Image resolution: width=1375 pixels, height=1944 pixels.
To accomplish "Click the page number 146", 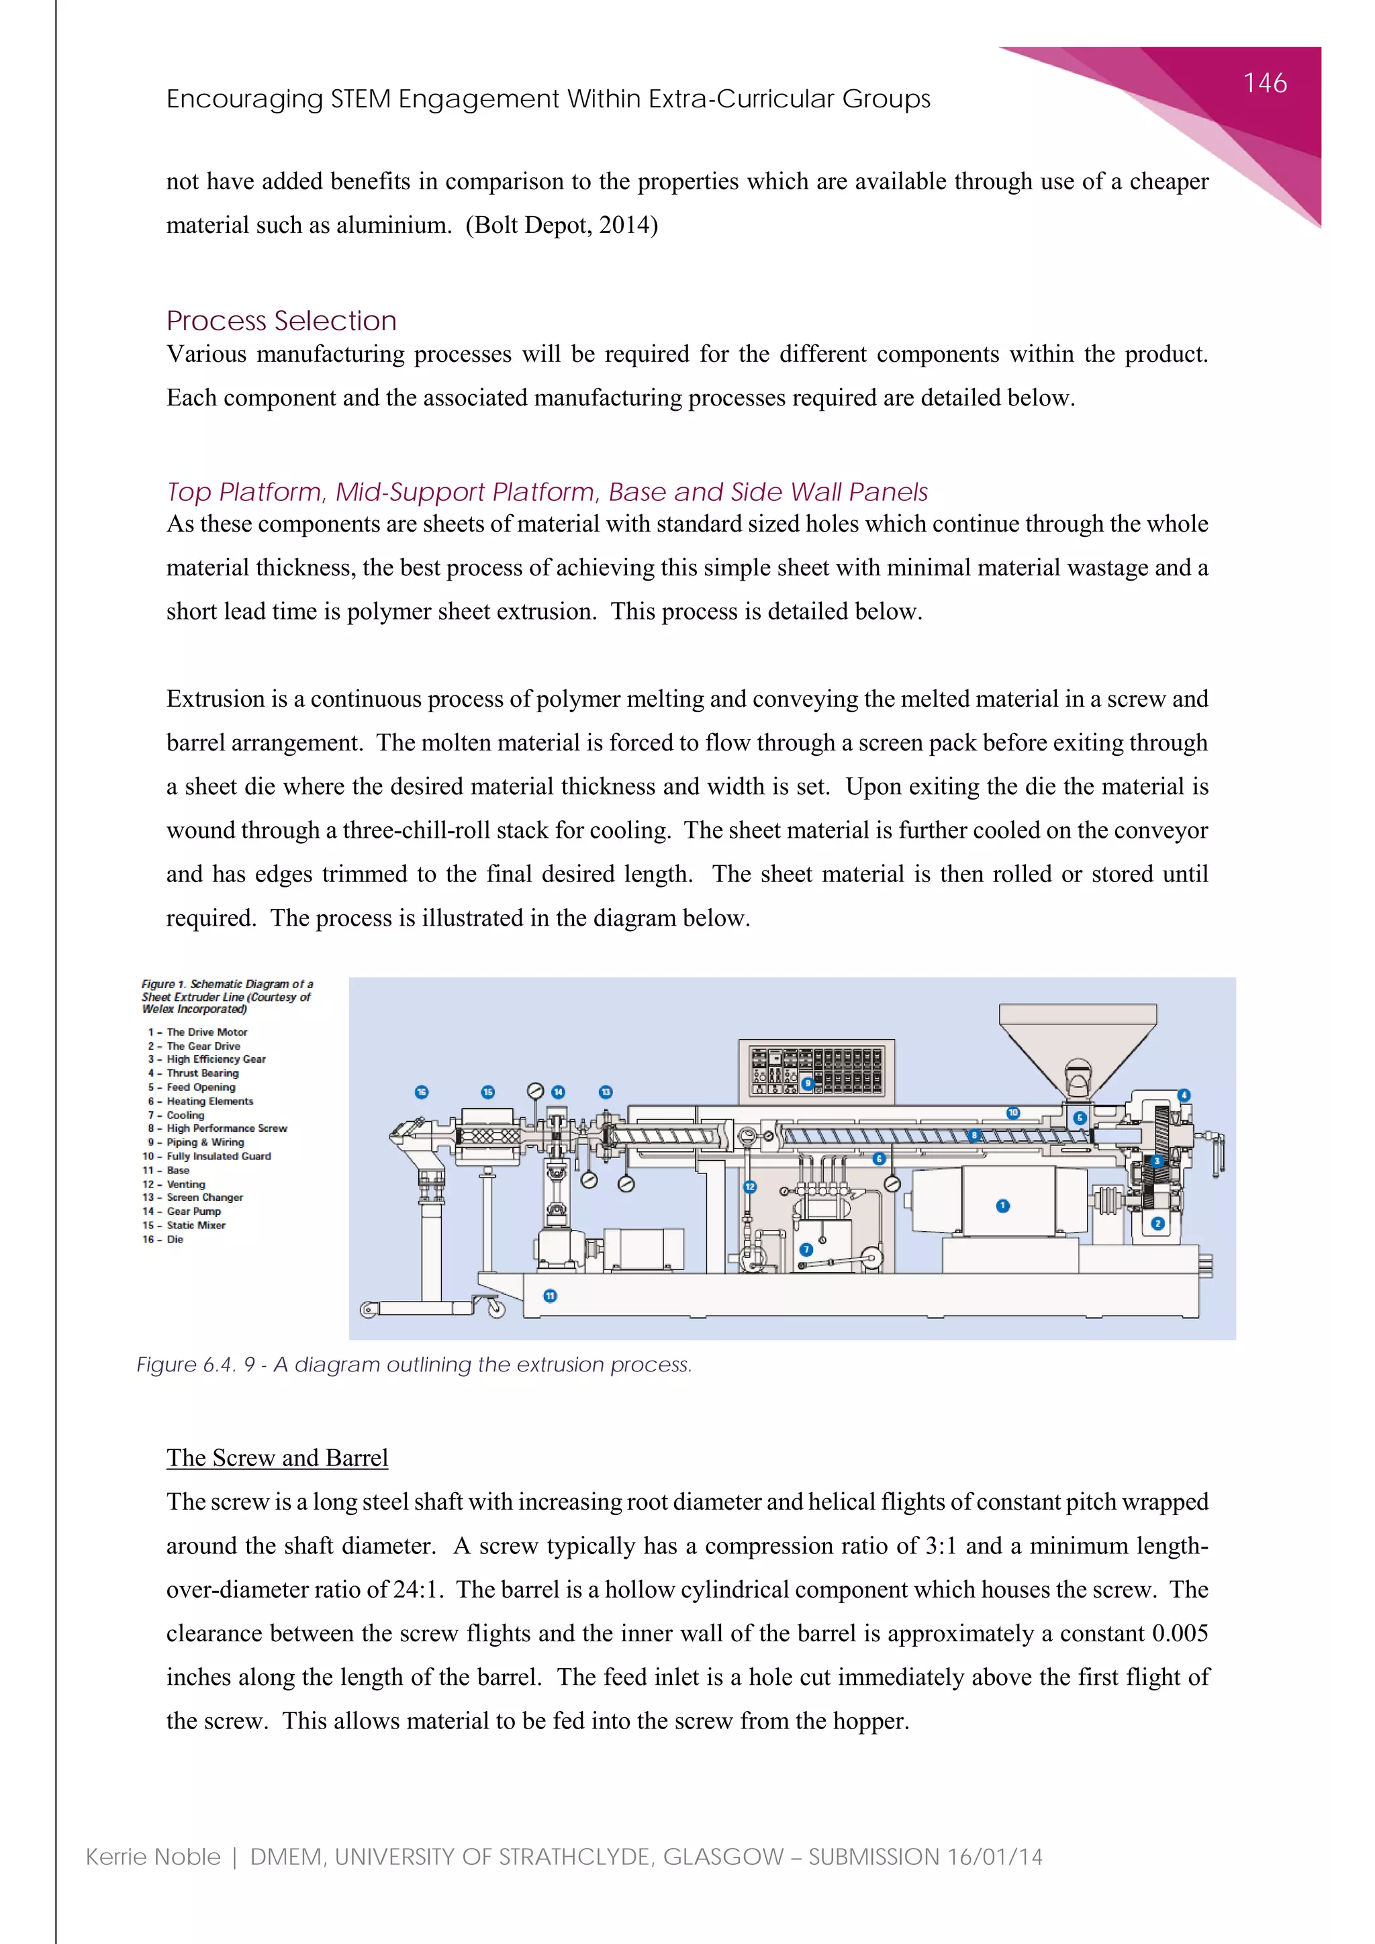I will click(x=1265, y=83).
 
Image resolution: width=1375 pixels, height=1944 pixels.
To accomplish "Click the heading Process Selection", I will click(x=281, y=321).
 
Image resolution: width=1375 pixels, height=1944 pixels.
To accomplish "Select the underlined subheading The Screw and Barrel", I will click(x=277, y=1457).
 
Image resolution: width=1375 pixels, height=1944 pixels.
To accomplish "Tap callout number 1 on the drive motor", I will click(x=1002, y=1206).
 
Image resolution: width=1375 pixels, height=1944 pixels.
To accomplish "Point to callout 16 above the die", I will click(x=422, y=1092).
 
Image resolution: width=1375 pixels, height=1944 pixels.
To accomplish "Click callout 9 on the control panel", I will click(x=808, y=1083).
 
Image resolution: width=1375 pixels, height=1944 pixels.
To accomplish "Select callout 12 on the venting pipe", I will click(x=749, y=1187).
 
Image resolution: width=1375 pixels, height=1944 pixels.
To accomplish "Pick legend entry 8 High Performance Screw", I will click(x=218, y=1128).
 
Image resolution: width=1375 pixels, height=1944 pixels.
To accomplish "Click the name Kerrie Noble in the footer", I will click(x=153, y=1857).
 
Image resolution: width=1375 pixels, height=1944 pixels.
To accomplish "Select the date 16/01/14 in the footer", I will click(x=994, y=1857).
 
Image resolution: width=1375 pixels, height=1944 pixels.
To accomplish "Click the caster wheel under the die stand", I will click(x=496, y=1309).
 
